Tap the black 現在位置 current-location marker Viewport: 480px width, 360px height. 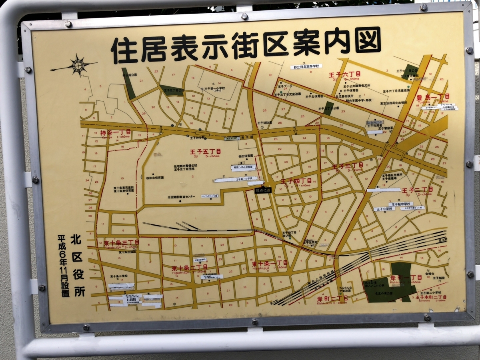pos(264,190)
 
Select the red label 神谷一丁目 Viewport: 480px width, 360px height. pos(115,132)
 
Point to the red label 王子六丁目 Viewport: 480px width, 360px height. pos(344,74)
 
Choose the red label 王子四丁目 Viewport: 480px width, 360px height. pos(296,181)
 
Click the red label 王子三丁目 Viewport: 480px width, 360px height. pos(348,166)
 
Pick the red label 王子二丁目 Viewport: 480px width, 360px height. pos(418,190)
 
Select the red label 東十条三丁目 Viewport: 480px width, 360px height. pos(121,243)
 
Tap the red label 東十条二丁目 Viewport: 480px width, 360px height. pos(190,267)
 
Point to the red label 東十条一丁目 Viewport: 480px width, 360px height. pos(270,263)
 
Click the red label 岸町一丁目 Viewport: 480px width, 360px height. pos(406,277)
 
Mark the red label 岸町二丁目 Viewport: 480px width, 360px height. pos(321,298)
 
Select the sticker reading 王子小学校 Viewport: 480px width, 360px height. pos(384,209)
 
